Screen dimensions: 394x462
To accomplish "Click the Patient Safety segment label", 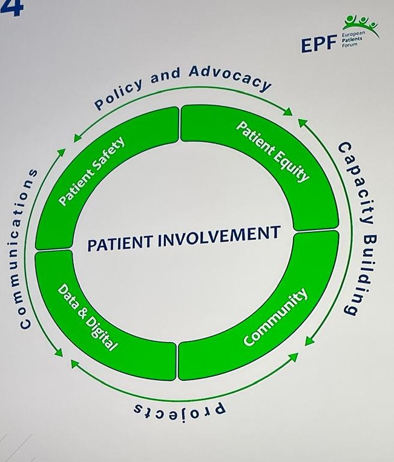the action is coord(91,171).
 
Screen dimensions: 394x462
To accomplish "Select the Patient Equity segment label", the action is coord(273,151).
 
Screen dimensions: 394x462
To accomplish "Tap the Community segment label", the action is coord(275,317).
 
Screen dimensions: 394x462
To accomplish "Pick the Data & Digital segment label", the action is coord(88,317).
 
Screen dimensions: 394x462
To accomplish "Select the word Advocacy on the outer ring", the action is coord(230,78).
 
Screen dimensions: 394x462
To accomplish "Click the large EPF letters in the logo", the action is coord(319,45).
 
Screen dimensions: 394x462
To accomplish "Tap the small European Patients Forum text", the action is coord(352,39).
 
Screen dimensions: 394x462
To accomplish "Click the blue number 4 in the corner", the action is coord(11,7).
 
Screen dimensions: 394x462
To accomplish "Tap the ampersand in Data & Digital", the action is coord(80,312).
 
